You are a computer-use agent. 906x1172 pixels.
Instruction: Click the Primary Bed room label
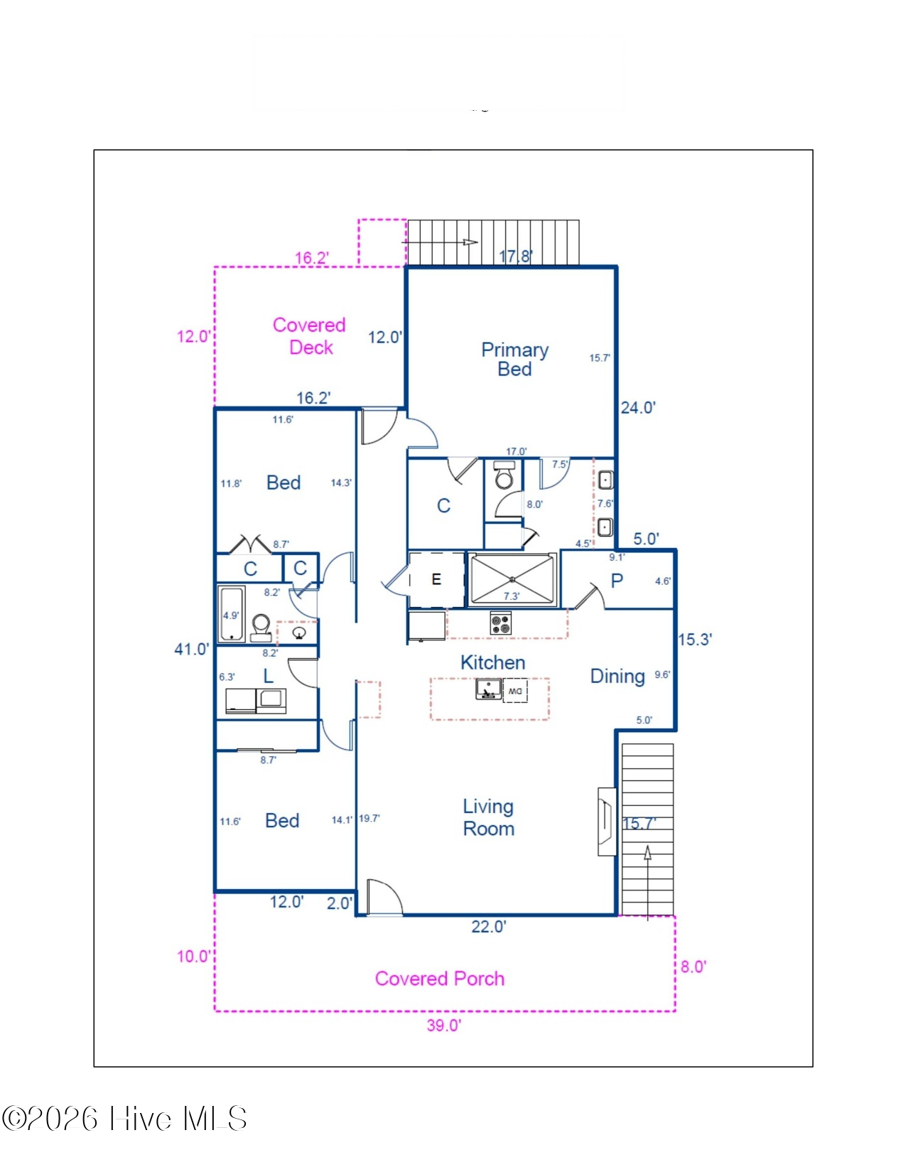click(x=514, y=359)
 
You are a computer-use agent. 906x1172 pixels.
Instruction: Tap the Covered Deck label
click(x=309, y=335)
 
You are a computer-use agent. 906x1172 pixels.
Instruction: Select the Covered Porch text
click(x=439, y=978)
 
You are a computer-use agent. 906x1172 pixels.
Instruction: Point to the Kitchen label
click(x=492, y=662)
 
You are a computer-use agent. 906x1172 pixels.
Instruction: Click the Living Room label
click(x=488, y=817)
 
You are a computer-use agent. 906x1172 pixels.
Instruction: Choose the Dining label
click(x=617, y=677)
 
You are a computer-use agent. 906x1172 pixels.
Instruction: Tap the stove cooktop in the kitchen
click(x=501, y=623)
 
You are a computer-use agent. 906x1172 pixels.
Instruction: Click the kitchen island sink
click(x=488, y=689)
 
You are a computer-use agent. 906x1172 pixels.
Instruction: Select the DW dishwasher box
click(x=515, y=691)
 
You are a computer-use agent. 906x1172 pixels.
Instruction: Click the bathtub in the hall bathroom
click(x=232, y=614)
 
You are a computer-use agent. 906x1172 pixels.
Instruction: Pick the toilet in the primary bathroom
click(x=505, y=475)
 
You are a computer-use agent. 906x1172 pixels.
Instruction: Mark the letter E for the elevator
click(x=436, y=580)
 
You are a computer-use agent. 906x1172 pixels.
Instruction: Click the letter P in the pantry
click(x=617, y=581)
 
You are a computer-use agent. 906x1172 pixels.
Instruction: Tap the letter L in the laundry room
click(x=268, y=677)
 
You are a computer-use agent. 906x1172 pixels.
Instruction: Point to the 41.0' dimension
click(x=191, y=649)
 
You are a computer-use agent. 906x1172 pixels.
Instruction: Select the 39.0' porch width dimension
click(x=443, y=1026)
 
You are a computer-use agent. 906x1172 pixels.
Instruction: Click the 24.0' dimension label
click(x=637, y=408)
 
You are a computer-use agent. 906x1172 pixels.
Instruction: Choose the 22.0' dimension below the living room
click(x=489, y=927)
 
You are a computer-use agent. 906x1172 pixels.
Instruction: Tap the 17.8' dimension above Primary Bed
click(x=516, y=256)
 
